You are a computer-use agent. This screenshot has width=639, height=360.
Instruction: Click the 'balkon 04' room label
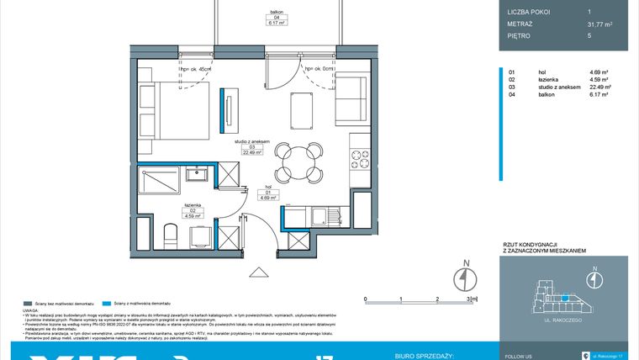point(275,16)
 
